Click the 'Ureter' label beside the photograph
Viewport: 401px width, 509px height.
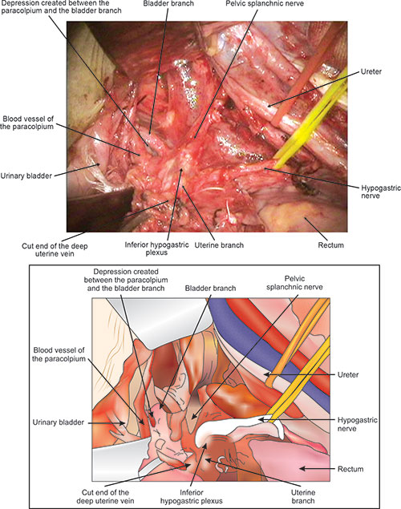pos(371,71)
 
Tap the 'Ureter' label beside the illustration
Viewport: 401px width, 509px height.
pos(348,375)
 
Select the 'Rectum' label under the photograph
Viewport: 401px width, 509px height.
pos(331,245)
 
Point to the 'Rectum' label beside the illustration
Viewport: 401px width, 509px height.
pos(350,469)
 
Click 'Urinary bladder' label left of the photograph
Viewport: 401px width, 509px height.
pos(26,176)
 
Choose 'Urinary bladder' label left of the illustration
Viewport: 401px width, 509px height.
pos(58,422)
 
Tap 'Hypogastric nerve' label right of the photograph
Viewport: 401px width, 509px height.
pos(381,192)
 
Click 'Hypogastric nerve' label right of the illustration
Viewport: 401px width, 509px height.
pos(358,424)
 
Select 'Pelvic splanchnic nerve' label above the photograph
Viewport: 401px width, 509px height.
pos(265,3)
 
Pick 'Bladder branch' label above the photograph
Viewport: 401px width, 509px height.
pos(168,3)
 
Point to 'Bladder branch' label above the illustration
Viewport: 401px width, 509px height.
pos(210,289)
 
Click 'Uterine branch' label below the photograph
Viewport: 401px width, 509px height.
pos(219,245)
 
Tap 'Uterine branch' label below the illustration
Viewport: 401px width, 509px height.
pos(303,496)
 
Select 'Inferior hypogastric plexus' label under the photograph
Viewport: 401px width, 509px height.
pos(156,248)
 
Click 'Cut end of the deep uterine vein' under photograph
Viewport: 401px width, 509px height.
pos(55,249)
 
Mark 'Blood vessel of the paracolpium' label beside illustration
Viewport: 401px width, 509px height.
pos(59,354)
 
